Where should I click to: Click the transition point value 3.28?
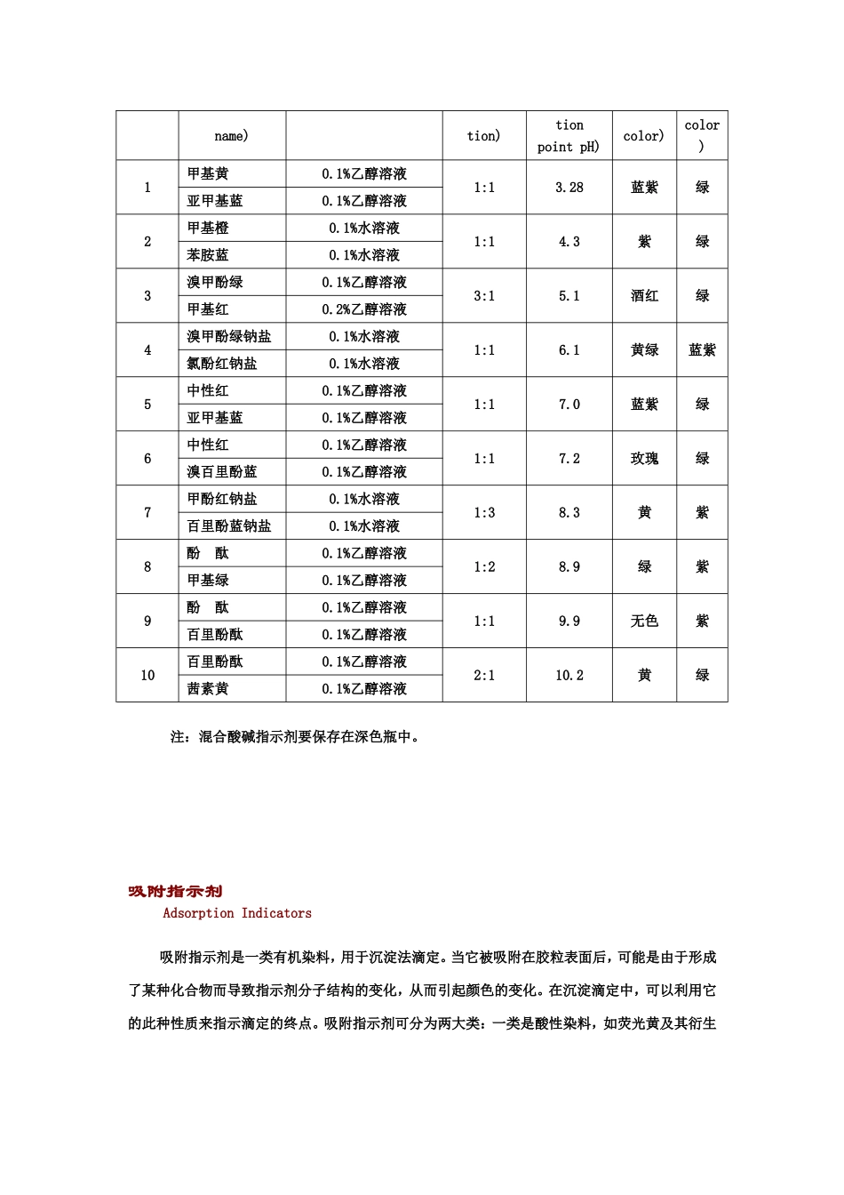(569, 188)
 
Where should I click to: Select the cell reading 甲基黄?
(208, 174)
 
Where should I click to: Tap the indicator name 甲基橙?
(208, 229)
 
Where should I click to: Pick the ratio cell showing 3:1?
(484, 296)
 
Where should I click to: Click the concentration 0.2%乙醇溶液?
(364, 309)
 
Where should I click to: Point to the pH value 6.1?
(569, 350)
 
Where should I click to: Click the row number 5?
(147, 405)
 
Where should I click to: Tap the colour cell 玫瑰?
(644, 459)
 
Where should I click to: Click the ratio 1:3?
(484, 513)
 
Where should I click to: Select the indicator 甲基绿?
(208, 581)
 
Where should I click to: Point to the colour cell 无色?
(644, 622)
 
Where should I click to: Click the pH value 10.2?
(569, 676)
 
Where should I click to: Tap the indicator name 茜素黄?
(208, 689)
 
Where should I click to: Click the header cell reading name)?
(232, 136)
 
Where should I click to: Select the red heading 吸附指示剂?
(175, 892)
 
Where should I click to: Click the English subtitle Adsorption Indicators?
(237, 913)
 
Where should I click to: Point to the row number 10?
(147, 676)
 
